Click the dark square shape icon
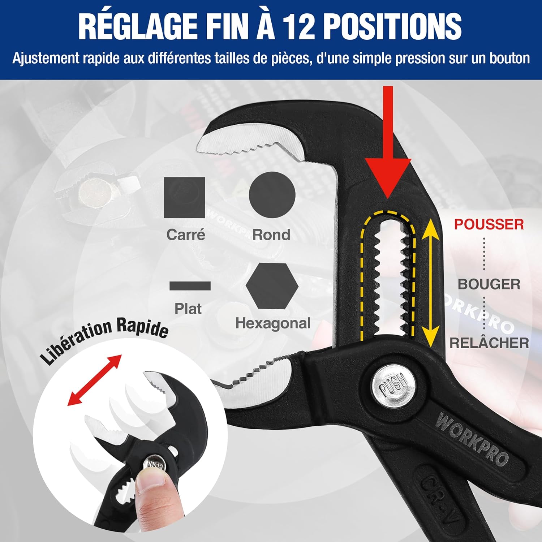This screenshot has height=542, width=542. [185, 197]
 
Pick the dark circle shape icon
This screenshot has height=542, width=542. [272, 195]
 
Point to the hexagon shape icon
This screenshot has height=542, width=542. [272, 285]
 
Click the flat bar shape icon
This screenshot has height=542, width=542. [190, 286]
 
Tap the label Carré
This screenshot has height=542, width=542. [186, 235]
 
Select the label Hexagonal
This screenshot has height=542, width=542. [273, 323]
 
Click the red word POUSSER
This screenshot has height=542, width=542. [489, 224]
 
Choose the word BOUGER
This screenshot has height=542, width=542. [489, 284]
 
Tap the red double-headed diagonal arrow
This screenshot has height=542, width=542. [95, 380]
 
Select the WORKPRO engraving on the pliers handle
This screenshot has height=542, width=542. [472, 439]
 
